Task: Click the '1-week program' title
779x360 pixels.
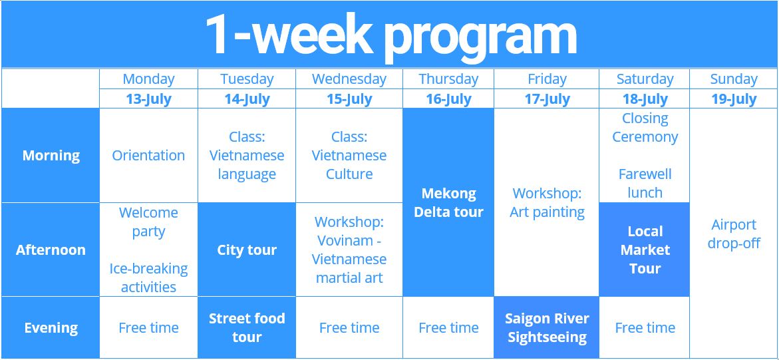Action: [390, 35]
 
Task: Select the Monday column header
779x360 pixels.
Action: [148, 79]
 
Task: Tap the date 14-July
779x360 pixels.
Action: [247, 99]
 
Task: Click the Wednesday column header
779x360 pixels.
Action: [349, 79]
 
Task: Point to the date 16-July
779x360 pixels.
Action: [448, 99]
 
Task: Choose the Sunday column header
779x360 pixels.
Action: [734, 79]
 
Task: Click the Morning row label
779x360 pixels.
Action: [51, 156]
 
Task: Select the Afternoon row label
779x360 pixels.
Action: [51, 250]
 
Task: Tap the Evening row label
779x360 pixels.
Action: [51, 328]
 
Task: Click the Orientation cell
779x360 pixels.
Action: [148, 156]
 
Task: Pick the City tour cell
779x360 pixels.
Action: [247, 250]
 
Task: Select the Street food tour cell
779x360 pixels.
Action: [247, 328]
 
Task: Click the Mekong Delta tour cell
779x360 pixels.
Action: [448, 203]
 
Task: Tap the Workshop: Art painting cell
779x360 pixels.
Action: [547, 203]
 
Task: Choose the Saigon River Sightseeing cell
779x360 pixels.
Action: [547, 328]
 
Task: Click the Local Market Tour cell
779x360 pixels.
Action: [645, 250]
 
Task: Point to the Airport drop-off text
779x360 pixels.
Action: [734, 234]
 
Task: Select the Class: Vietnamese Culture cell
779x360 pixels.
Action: [349, 156]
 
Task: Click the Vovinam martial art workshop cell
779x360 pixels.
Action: [349, 250]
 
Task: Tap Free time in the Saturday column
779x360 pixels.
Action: [645, 328]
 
